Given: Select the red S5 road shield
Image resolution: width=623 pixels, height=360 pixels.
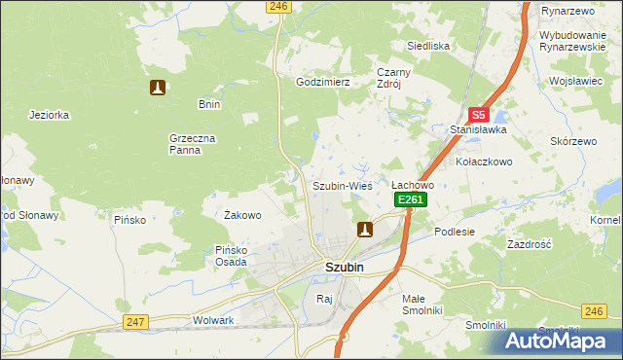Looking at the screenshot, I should tap(477, 114).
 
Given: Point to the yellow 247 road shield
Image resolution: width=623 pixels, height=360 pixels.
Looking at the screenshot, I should tap(135, 322).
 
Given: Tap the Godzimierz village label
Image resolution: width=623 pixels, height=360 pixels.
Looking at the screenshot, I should tap(322, 83).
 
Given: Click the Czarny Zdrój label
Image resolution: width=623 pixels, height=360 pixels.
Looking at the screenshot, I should tap(395, 77).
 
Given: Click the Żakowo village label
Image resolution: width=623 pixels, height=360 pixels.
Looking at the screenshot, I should tap(242, 215).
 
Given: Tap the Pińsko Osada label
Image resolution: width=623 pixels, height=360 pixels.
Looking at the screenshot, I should tap(236, 255).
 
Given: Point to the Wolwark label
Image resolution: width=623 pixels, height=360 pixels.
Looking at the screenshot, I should tap(213, 320).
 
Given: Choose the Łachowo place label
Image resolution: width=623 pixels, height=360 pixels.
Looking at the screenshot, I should tap(412, 184).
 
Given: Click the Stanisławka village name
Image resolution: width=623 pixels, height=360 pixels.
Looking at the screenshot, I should tap(472, 129).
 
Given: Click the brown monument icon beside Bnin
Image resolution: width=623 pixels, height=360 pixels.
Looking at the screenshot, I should tap(157, 89).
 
